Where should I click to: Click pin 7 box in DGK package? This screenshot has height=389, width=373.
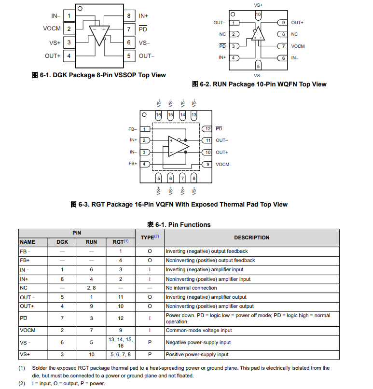click(x=129, y=29)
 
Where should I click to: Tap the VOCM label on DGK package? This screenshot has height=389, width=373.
click(x=52, y=29)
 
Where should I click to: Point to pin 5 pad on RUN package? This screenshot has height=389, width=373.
click(x=258, y=66)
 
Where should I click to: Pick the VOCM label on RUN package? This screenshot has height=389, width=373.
click(x=298, y=46)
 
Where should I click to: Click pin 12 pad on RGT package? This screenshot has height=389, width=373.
click(x=207, y=129)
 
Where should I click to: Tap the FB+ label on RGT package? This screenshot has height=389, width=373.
click(x=133, y=164)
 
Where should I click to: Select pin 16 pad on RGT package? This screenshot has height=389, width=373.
click(x=158, y=115)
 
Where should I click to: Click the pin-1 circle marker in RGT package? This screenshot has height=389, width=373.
click(x=144, y=115)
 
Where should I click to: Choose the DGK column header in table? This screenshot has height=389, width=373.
click(x=62, y=242)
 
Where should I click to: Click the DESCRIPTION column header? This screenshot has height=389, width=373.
click(x=251, y=237)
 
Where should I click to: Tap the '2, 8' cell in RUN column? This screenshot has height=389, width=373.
click(x=91, y=288)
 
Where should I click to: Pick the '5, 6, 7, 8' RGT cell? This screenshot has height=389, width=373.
click(x=120, y=355)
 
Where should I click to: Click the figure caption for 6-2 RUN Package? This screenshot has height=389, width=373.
click(x=259, y=84)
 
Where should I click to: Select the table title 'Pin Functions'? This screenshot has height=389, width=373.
click(x=179, y=224)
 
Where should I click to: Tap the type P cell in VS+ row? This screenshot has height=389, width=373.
click(x=150, y=355)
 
